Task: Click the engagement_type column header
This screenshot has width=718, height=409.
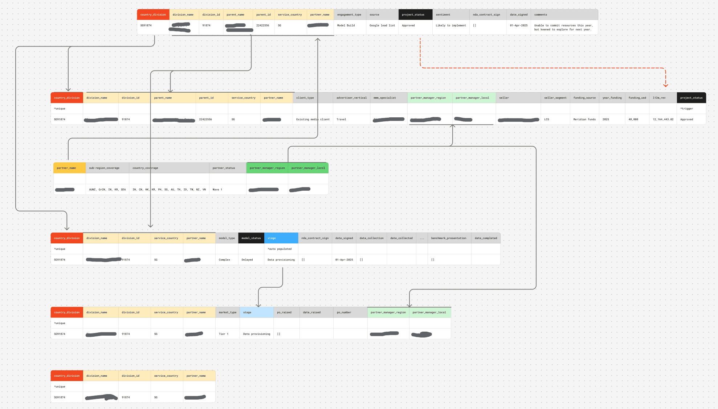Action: click(x=349, y=15)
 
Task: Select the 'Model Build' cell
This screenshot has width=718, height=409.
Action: click(x=346, y=25)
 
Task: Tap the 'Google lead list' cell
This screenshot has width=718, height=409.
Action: click(x=382, y=25)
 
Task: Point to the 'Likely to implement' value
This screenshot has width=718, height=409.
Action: click(x=451, y=25)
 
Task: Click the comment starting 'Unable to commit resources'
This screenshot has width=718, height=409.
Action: click(x=563, y=27)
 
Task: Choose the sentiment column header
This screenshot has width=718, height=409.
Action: click(x=443, y=15)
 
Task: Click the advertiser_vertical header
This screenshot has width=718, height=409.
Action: click(x=351, y=98)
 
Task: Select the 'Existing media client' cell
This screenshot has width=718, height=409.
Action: click(x=313, y=120)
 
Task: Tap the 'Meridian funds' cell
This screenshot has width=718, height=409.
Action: click(x=584, y=120)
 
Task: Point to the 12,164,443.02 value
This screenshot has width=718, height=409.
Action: click(x=663, y=120)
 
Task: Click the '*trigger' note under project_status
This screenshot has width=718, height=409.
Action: click(x=686, y=109)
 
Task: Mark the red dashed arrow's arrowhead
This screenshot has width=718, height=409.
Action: click(x=665, y=86)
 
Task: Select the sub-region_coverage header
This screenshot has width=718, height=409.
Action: click(x=104, y=168)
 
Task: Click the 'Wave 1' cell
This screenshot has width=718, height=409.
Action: click(x=217, y=190)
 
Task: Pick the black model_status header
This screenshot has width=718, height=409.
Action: click(x=251, y=238)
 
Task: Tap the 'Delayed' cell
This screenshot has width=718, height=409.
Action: click(x=247, y=260)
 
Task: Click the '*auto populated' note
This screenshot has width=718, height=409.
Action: click(x=280, y=249)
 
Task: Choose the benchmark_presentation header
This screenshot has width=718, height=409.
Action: click(x=449, y=238)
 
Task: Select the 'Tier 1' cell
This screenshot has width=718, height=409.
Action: click(x=224, y=334)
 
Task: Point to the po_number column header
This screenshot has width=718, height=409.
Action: click(x=344, y=312)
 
